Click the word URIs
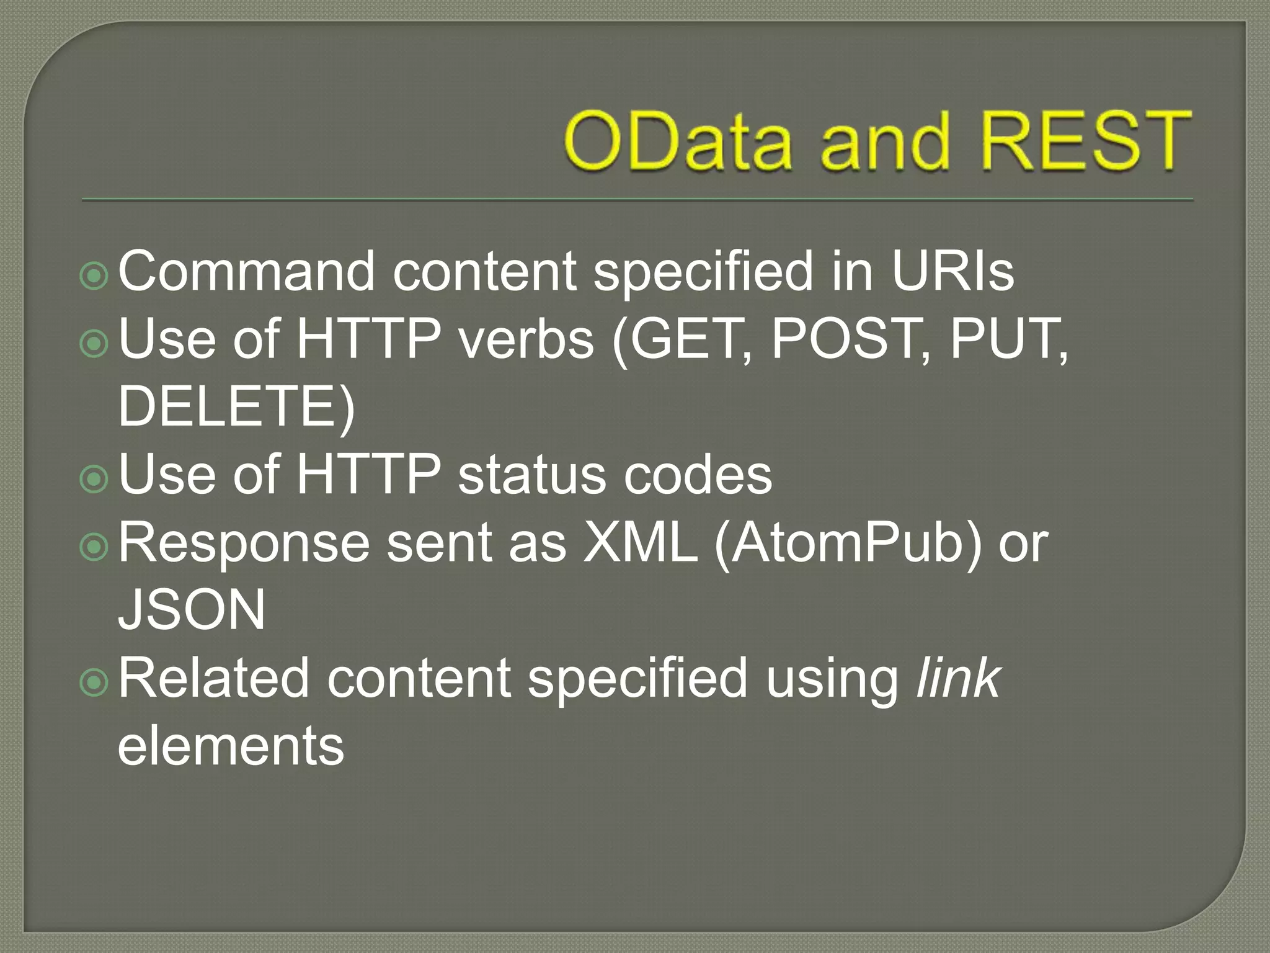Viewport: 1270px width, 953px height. tap(952, 271)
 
